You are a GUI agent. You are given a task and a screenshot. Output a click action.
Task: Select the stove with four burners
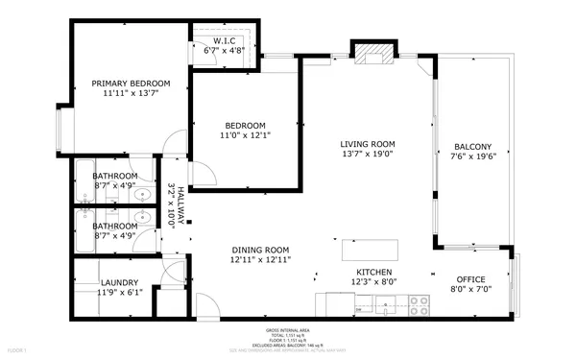click(419, 306)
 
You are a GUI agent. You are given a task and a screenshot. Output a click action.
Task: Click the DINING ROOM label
click(260, 249)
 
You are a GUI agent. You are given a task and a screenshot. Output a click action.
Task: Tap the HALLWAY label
click(179, 204)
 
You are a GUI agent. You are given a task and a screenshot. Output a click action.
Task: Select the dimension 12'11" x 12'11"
click(260, 259)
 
